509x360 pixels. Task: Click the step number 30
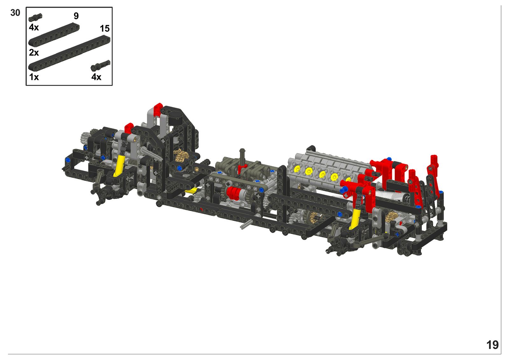[x=15, y=13]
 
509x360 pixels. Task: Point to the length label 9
[x=76, y=16]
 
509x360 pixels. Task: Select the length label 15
[x=105, y=29]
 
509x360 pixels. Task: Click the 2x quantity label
[x=34, y=53]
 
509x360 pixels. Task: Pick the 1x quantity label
[x=34, y=77]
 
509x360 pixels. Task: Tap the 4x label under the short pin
[x=34, y=27]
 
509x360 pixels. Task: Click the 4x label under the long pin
[x=96, y=77]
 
